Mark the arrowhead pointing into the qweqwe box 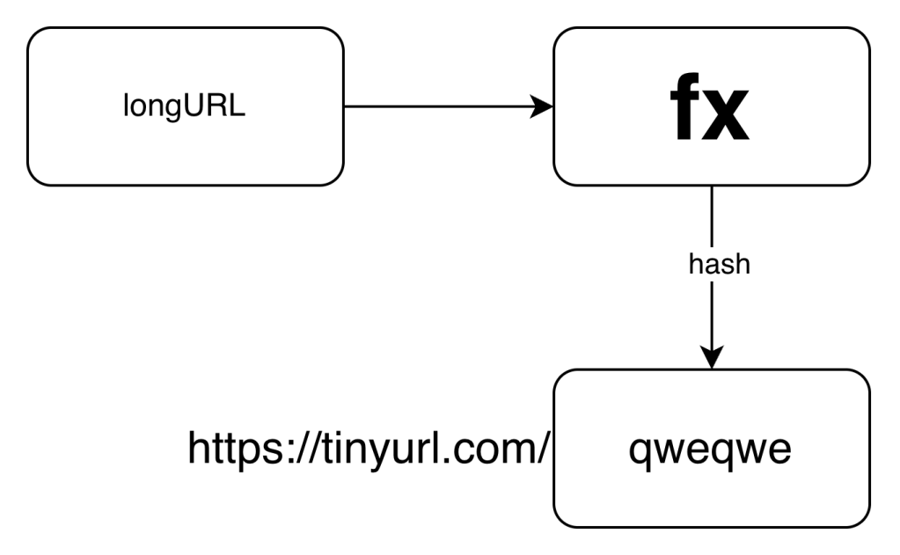[711, 357]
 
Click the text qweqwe [711, 449]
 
